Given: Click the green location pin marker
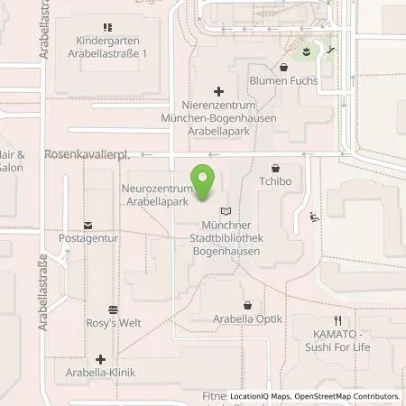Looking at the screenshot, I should point(205,178).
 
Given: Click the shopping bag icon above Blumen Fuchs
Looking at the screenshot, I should point(284,66).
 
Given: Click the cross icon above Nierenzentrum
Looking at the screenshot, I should point(217,90).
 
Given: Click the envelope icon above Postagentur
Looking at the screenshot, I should point(88,225).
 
